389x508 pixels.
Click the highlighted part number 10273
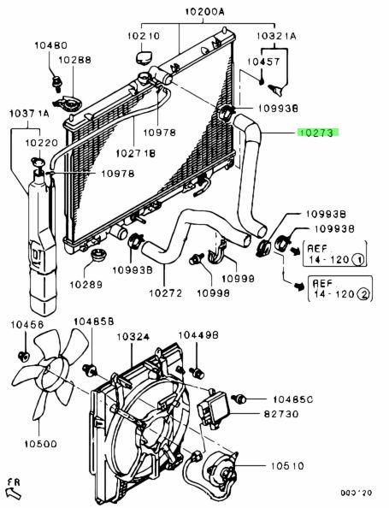click(318, 133)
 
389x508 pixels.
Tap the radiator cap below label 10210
click(143, 57)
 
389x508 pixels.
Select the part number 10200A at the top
click(204, 12)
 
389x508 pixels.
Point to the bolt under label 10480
click(57, 82)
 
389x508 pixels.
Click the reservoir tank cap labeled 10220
click(38, 162)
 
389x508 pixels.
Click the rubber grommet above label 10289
click(97, 256)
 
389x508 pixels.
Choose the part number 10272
click(166, 292)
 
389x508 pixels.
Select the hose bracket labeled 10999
click(218, 251)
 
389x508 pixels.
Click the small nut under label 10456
click(23, 356)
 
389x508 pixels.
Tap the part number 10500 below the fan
click(40, 444)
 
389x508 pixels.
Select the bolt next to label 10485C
click(239, 399)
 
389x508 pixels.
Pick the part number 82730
click(281, 414)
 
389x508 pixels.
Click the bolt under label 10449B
click(197, 373)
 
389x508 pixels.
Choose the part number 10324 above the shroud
click(133, 337)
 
